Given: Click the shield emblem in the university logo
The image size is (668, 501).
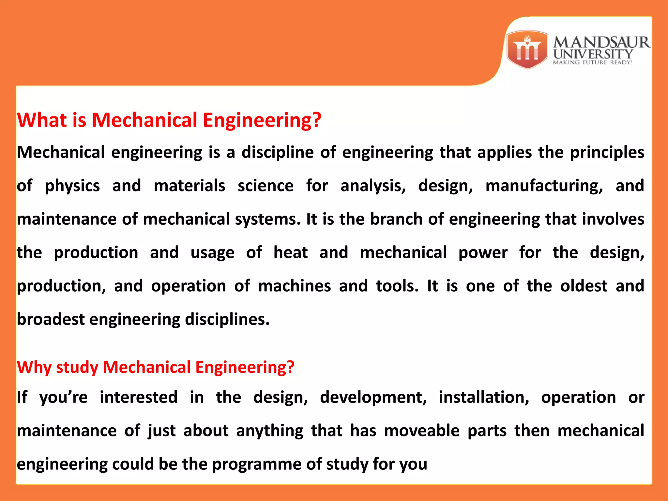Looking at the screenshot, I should point(527,49).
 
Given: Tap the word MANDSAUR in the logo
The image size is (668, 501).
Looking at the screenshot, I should point(601,42).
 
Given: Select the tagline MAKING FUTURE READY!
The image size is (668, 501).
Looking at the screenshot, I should point(592,62).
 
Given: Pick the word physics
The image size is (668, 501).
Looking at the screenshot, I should point(72,186).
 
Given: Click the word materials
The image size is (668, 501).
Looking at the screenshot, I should point(189,186).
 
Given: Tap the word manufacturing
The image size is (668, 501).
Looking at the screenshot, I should point(544,186).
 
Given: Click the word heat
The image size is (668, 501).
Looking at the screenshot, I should point(290,253).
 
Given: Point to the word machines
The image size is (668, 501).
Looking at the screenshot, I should point(294,286).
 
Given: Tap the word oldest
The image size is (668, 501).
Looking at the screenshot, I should point(584,286).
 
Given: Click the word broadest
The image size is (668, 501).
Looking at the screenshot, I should point(51,319).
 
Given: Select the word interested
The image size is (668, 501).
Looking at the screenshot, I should point(139,398).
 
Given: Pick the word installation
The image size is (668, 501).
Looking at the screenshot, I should point(484,398).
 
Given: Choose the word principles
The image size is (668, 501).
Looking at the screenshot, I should point(607,153).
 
